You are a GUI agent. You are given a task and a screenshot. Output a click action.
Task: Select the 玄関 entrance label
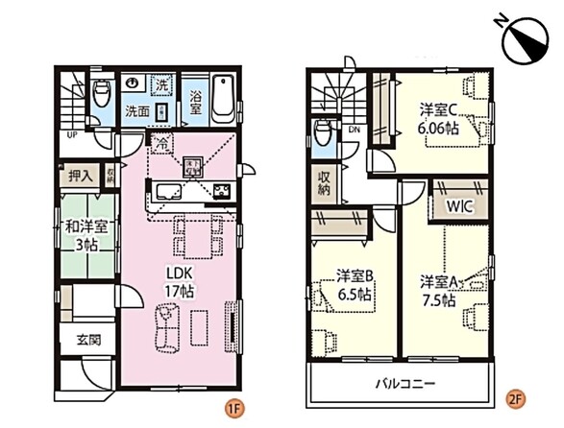(x=80, y=340)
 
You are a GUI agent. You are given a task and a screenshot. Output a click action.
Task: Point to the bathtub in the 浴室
(x=222, y=100)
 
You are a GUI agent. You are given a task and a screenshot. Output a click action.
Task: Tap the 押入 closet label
(x=81, y=176)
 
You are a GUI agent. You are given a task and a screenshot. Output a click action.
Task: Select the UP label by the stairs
(x=71, y=135)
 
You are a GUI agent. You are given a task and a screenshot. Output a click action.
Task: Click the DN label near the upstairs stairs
(x=355, y=130)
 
